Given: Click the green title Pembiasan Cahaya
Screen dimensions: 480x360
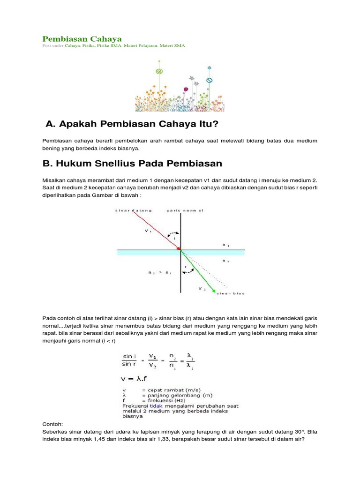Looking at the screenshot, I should (x=82, y=38).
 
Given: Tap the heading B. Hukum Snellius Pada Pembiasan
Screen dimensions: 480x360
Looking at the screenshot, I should (x=132, y=164).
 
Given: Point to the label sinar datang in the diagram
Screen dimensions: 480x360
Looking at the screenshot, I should (x=131, y=211).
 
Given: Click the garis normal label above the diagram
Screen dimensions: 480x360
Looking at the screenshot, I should (x=185, y=211).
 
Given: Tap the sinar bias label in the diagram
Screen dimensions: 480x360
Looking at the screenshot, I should (x=230, y=293).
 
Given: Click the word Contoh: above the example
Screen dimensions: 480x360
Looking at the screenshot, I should (x=52, y=424).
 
